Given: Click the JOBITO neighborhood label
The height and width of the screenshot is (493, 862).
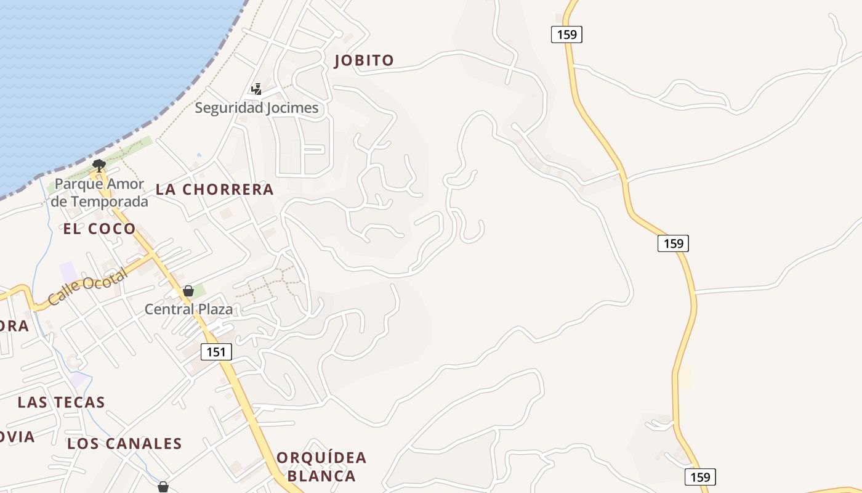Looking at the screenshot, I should [363, 60].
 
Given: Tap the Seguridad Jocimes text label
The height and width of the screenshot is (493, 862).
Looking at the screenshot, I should [257, 108].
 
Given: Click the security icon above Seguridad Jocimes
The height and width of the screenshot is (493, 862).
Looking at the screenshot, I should [256, 89].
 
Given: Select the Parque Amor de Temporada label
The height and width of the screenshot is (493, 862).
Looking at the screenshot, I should [99, 193].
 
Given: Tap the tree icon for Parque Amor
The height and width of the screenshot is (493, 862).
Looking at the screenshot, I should [99, 165].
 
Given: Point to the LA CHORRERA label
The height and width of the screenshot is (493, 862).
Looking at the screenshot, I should [214, 190].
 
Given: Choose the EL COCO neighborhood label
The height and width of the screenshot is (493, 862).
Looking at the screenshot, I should [99, 229].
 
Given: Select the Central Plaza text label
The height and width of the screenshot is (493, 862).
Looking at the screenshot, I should [188, 309].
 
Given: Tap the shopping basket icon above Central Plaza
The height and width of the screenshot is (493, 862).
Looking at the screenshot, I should [188, 291].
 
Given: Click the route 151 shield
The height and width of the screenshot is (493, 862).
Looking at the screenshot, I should [216, 352].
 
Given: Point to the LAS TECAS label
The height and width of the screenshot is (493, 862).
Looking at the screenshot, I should [61, 402].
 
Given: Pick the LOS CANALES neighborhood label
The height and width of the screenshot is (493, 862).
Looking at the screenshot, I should [124, 444].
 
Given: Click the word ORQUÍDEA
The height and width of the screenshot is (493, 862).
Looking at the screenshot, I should [321, 458].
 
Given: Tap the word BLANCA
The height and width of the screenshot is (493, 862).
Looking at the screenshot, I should [321, 476].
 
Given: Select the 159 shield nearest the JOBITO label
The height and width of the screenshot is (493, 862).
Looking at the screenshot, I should [566, 35].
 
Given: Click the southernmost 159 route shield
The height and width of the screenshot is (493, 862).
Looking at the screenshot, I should [700, 477].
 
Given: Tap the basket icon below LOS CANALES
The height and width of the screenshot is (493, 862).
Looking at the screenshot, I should [163, 487].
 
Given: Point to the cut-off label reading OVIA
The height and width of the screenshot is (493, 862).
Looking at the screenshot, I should [17, 437].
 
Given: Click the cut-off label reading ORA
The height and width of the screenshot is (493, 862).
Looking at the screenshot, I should [14, 326].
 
